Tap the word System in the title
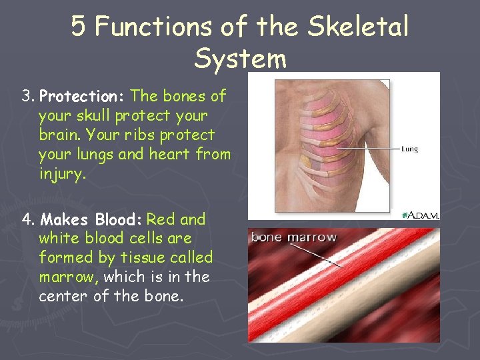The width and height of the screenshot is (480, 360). tap(240, 59)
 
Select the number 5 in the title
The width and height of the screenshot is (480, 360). tap(79, 27)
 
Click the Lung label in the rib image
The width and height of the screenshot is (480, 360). tap(409, 149)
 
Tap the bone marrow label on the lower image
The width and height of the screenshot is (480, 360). tap(293, 237)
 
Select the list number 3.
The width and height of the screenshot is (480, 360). tap(27, 97)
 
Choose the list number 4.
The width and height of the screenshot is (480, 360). tap(27, 219)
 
